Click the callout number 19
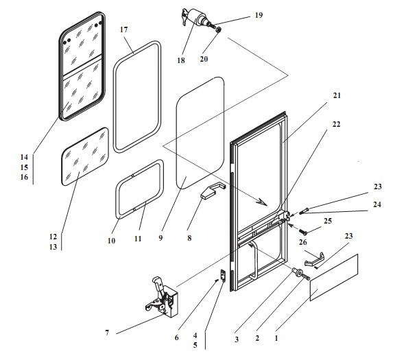pyautogui.click(x=259, y=15)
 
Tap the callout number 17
pyautogui.click(x=123, y=29)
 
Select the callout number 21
pyautogui.click(x=337, y=95)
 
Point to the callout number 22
pyautogui.click(x=336, y=124)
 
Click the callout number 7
pyautogui.click(x=107, y=333)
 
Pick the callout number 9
pyautogui.click(x=160, y=238)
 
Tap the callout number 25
pyautogui.click(x=328, y=221)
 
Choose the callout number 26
pyautogui.click(x=303, y=242)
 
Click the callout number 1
pyautogui.click(x=276, y=338)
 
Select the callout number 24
pyautogui.click(x=377, y=204)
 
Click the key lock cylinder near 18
pyautogui.click(x=197, y=16)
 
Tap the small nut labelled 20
pyautogui.click(x=219, y=29)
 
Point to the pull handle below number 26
pyautogui.click(x=314, y=259)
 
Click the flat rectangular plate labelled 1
pyautogui.click(x=334, y=278)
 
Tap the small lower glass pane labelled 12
pyautogui.click(x=85, y=156)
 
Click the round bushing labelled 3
pyautogui.click(x=296, y=272)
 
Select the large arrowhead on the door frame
pyautogui.click(x=261, y=202)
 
